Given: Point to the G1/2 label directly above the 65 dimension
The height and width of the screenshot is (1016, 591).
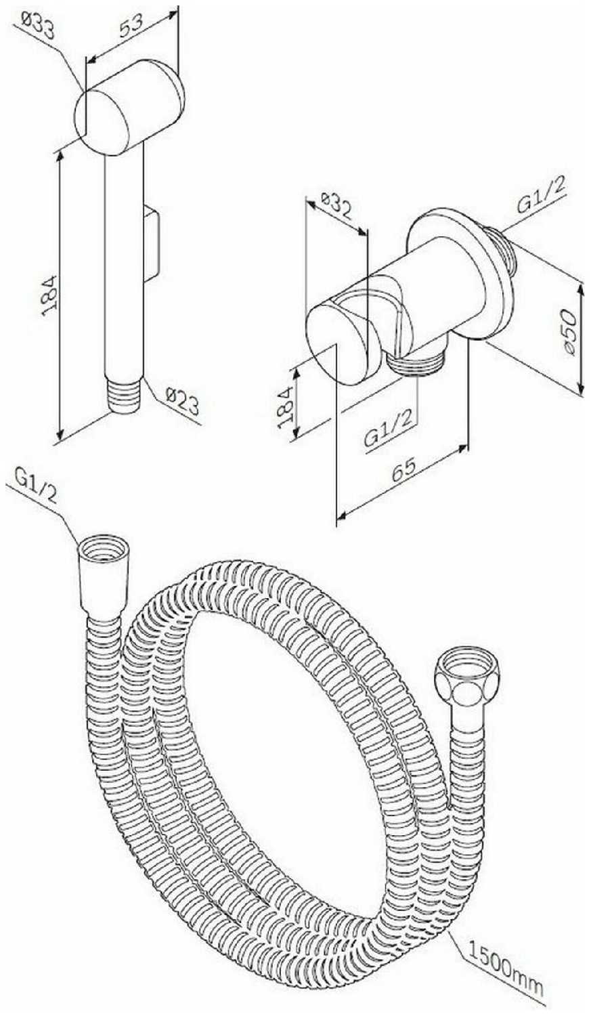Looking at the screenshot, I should (389, 429).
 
